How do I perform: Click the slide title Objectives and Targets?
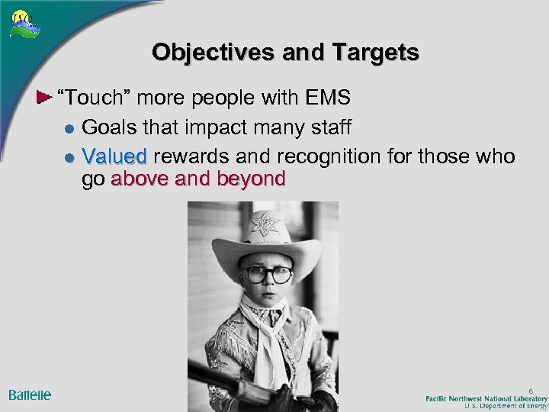pyautogui.click(x=285, y=52)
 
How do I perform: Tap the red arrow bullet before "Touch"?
pyautogui.click(x=45, y=99)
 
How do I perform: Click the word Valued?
pyautogui.click(x=114, y=156)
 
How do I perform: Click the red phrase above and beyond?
pyautogui.click(x=198, y=179)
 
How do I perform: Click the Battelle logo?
pyautogui.click(x=30, y=394)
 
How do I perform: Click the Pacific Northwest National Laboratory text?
pyautogui.click(x=486, y=398)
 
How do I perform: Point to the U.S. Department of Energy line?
pyautogui.click(x=503, y=407)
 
